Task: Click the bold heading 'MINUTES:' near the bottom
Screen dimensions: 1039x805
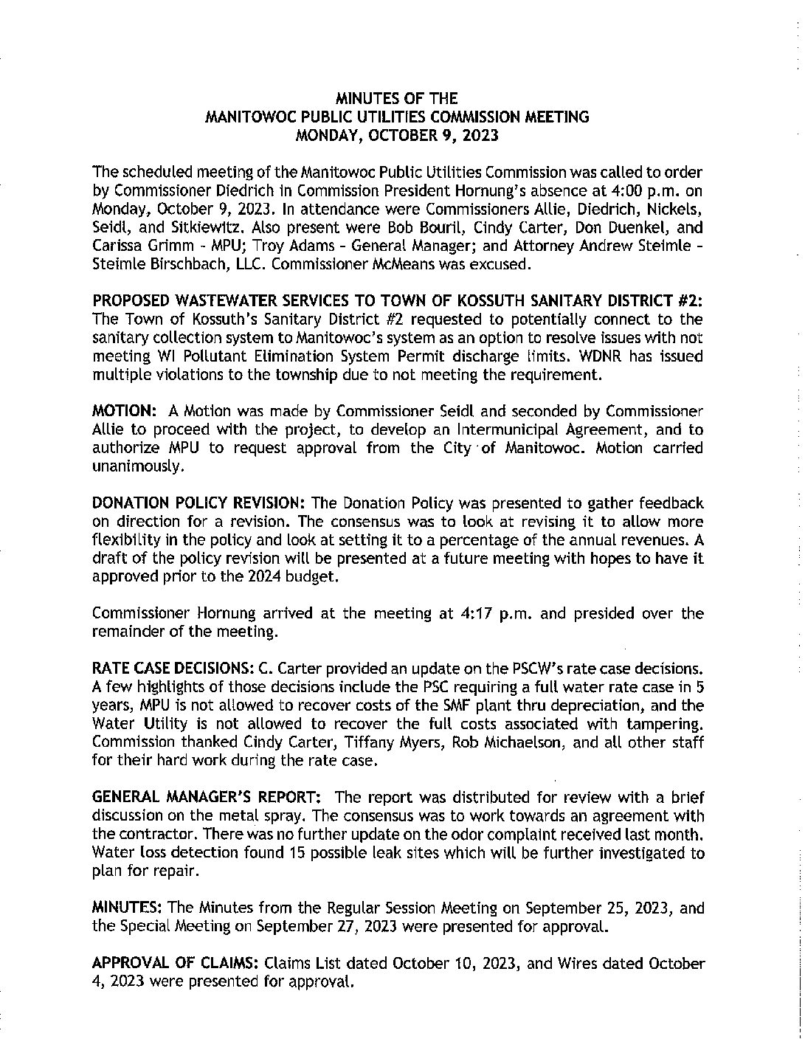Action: [x=120, y=908]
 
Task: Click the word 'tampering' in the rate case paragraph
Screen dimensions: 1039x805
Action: [x=663, y=724]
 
